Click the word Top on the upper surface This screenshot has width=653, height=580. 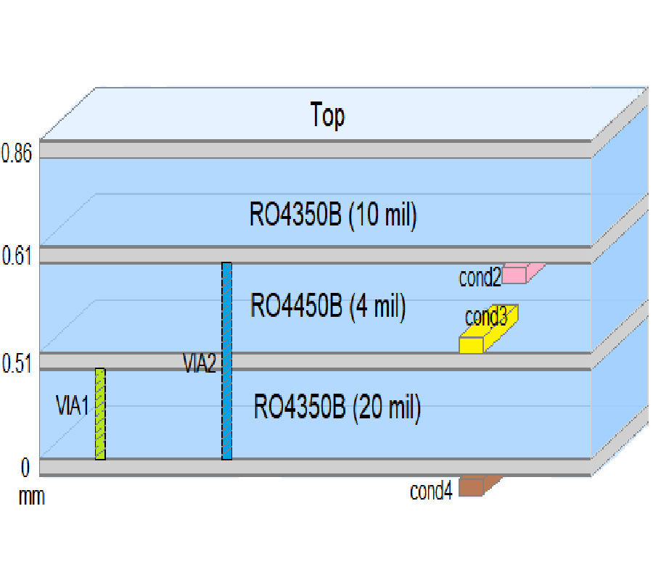click(x=327, y=115)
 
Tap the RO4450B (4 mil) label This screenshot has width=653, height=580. click(x=327, y=306)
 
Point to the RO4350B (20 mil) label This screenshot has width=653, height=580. click(x=337, y=408)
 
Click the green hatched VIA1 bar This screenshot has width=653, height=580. click(x=100, y=414)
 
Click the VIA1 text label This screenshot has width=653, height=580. click(x=73, y=405)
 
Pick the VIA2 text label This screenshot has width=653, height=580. click(x=200, y=363)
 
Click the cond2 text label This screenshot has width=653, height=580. click(x=480, y=278)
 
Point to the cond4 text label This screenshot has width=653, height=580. click(x=431, y=492)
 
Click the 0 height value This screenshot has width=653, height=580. click(x=25, y=469)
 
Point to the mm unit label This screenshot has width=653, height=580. click(x=31, y=498)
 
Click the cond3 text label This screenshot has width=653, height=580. click(x=485, y=317)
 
